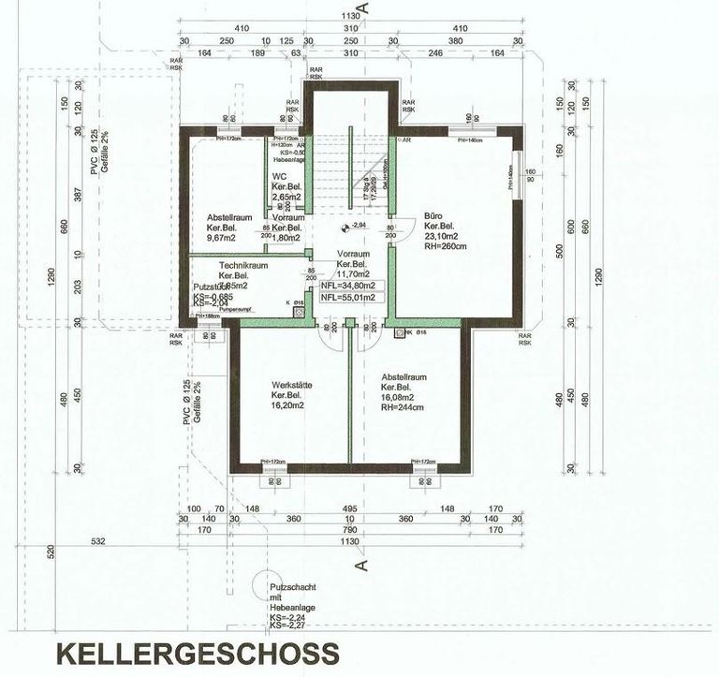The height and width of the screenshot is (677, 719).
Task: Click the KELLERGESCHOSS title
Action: [x=196, y=652]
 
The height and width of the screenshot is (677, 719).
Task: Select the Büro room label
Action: [x=433, y=213]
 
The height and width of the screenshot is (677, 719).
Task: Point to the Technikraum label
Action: [x=243, y=266]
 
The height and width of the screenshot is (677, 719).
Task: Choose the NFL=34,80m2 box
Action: [x=347, y=286]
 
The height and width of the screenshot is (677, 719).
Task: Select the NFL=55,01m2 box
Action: [x=347, y=298]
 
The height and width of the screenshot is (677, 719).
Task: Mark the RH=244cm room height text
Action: [x=404, y=408]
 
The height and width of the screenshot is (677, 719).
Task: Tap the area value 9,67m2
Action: [x=221, y=239]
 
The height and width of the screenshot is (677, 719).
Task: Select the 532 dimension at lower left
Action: [x=97, y=540]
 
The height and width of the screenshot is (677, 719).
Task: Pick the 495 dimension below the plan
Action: [x=350, y=508]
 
